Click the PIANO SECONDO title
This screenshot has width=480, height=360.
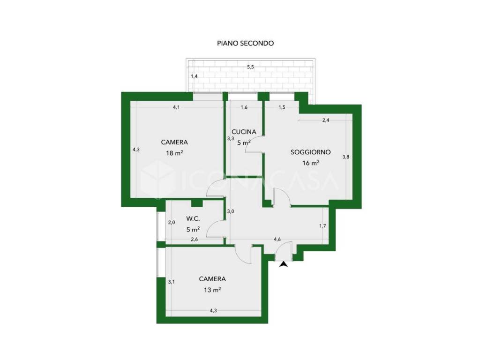click(245, 43)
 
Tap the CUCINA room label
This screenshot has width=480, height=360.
click(244, 132)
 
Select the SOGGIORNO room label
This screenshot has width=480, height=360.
click(310, 152)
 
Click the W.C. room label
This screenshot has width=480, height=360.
click(193, 219)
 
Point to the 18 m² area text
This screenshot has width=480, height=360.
click(174, 153)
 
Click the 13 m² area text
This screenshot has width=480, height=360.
click(212, 289)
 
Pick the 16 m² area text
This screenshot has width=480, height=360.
click(311, 163)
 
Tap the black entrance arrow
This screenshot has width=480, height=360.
click(284, 264)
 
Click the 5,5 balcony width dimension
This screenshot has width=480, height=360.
click(250, 67)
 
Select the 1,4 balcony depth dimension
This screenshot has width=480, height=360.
click(194, 76)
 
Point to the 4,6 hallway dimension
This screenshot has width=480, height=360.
click(277, 240)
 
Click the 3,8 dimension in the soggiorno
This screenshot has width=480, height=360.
click(345, 157)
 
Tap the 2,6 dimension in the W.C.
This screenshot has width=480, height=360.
click(195, 240)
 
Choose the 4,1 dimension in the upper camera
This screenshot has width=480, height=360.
click(176, 107)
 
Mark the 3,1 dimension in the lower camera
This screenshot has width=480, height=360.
click(171, 282)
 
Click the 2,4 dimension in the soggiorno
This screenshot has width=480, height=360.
click(326, 120)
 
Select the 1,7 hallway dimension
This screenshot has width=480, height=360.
click(322, 226)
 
